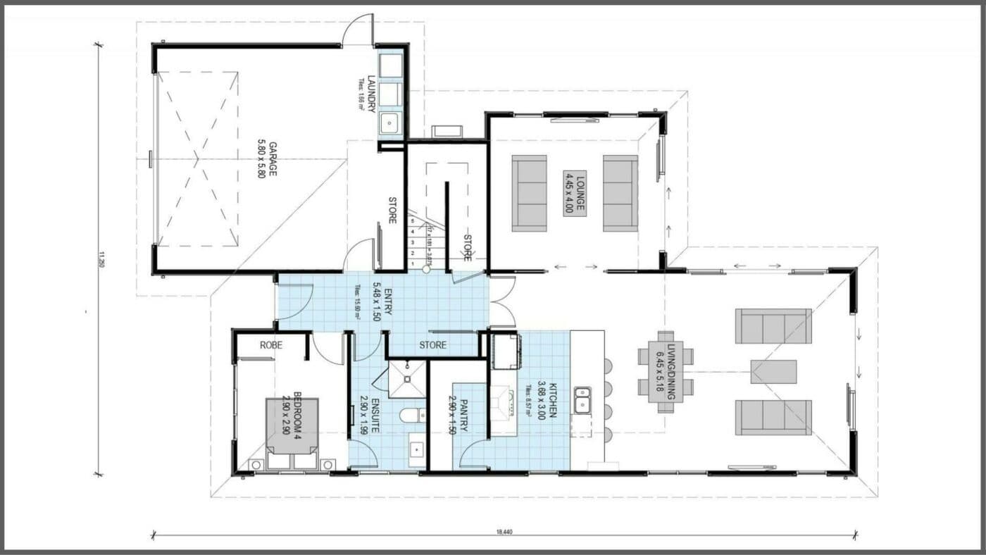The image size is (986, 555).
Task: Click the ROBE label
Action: (270, 345)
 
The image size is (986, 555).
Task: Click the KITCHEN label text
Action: (548, 400)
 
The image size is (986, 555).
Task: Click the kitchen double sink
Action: (582, 399)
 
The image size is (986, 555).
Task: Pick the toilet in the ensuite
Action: (413, 414)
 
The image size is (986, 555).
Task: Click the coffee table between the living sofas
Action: (773, 372)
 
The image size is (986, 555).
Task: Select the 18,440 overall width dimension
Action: (504, 531)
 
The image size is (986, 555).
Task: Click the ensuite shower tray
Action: (406, 378)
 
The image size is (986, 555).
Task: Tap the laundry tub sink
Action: (389, 124)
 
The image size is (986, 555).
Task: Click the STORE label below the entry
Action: (432, 345)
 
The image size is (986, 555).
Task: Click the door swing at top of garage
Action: (357, 32)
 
